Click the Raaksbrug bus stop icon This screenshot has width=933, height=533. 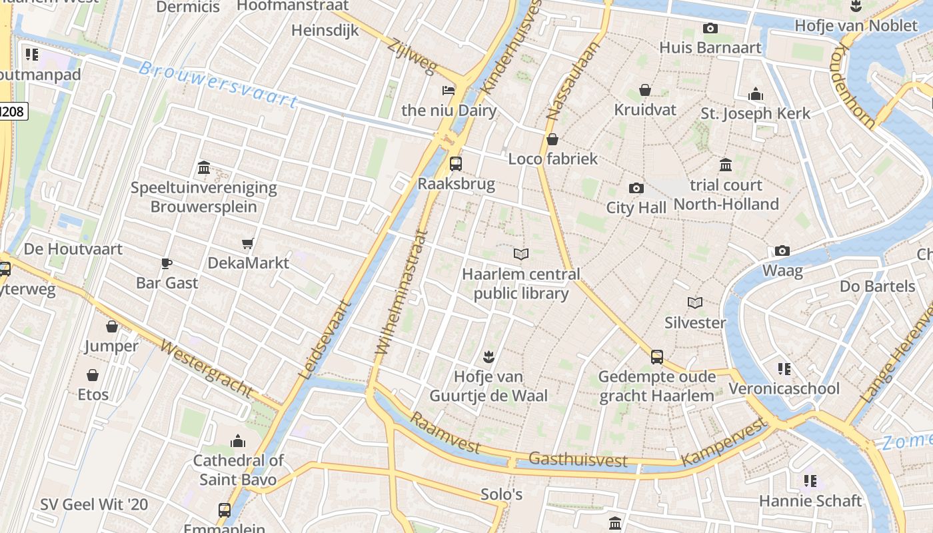(x=456, y=163)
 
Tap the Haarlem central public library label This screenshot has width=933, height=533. (x=521, y=284)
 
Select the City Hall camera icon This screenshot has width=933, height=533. (x=636, y=189)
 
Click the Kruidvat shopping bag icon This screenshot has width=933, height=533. (x=645, y=90)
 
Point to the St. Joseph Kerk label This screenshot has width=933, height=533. (x=755, y=113)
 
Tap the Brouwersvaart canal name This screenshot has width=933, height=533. (x=219, y=85)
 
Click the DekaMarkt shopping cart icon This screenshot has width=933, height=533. (x=248, y=244)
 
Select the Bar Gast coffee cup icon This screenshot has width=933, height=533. (x=166, y=264)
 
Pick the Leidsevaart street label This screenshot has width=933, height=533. (x=325, y=340)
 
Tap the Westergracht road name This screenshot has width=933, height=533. (x=207, y=369)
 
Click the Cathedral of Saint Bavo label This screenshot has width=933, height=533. (x=238, y=470)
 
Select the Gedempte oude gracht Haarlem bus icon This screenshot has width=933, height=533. (x=657, y=357)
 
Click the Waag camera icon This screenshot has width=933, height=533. (x=782, y=251)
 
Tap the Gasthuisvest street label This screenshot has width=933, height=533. (x=578, y=459)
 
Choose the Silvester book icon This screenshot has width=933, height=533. (x=695, y=303)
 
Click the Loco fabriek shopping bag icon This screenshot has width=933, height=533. (x=552, y=140)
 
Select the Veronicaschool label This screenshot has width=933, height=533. (x=784, y=388)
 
